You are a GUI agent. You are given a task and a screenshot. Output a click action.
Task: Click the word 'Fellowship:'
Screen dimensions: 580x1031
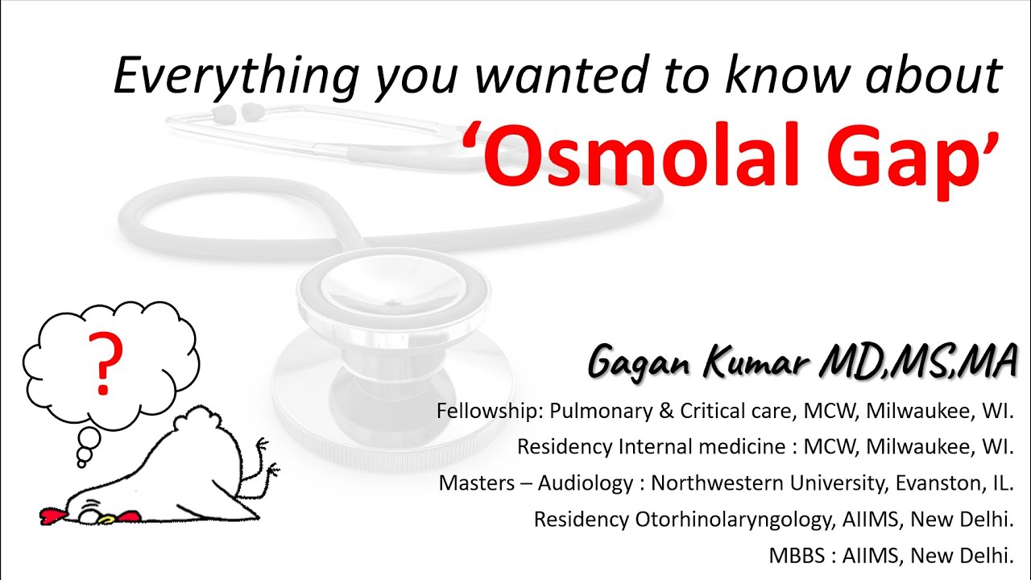[x=490, y=411]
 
